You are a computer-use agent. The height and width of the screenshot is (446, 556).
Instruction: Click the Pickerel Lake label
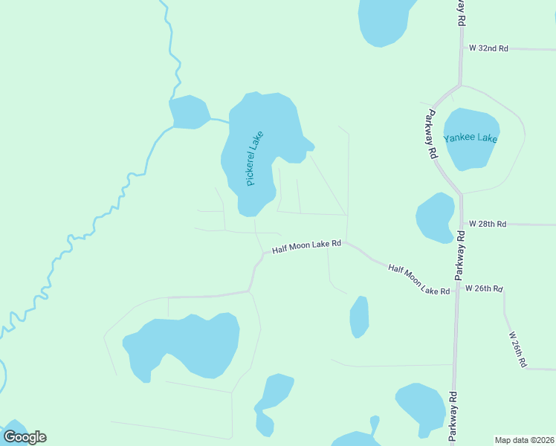[255, 158]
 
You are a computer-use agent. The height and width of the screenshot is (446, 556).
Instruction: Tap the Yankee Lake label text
[471, 138]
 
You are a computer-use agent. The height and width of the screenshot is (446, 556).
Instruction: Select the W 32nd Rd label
[488, 48]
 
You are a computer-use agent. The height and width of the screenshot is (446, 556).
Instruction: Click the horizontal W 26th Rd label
[484, 288]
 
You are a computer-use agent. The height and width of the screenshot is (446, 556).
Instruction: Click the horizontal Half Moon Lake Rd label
[306, 246]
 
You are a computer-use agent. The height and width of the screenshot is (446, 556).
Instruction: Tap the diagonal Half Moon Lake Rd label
[418, 279]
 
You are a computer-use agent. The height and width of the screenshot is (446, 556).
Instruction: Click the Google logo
[25, 437]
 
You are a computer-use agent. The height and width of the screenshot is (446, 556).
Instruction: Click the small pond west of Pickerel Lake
[189, 112]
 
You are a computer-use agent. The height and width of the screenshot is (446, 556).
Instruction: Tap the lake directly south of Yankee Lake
[436, 217]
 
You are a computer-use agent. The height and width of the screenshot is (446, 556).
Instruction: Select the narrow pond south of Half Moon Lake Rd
[359, 317]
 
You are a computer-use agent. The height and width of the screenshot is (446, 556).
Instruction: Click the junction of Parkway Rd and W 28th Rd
[462, 223]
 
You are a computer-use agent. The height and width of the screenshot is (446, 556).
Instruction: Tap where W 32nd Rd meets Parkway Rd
[461, 48]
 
